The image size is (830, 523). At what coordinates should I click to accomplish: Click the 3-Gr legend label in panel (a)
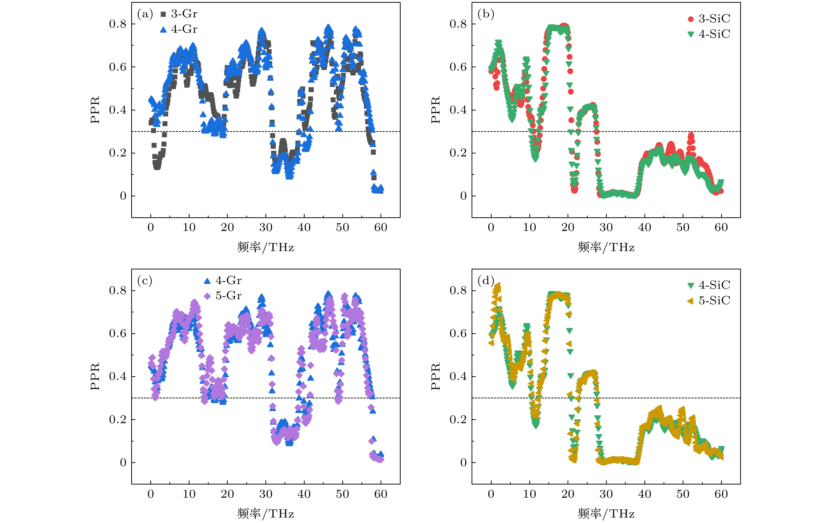[184, 14]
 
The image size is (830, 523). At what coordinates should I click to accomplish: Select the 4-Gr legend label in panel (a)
[184, 29]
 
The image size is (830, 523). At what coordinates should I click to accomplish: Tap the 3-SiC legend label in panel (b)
[714, 19]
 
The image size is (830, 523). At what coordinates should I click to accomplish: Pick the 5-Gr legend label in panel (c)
[228, 296]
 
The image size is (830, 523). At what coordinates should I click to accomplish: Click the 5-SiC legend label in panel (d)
[714, 300]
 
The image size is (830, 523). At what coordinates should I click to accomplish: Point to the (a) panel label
[145, 14]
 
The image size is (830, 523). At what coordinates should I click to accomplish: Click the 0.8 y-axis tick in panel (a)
[118, 24]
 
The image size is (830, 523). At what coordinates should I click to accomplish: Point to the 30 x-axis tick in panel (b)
[606, 227]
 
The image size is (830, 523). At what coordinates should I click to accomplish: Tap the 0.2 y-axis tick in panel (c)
[118, 419]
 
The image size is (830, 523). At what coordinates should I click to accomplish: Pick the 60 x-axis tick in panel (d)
[721, 494]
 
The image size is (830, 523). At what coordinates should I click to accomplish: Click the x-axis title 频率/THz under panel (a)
[265, 247]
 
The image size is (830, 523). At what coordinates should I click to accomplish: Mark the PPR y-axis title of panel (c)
[95, 376]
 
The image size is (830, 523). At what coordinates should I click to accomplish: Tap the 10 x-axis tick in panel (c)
[189, 494]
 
